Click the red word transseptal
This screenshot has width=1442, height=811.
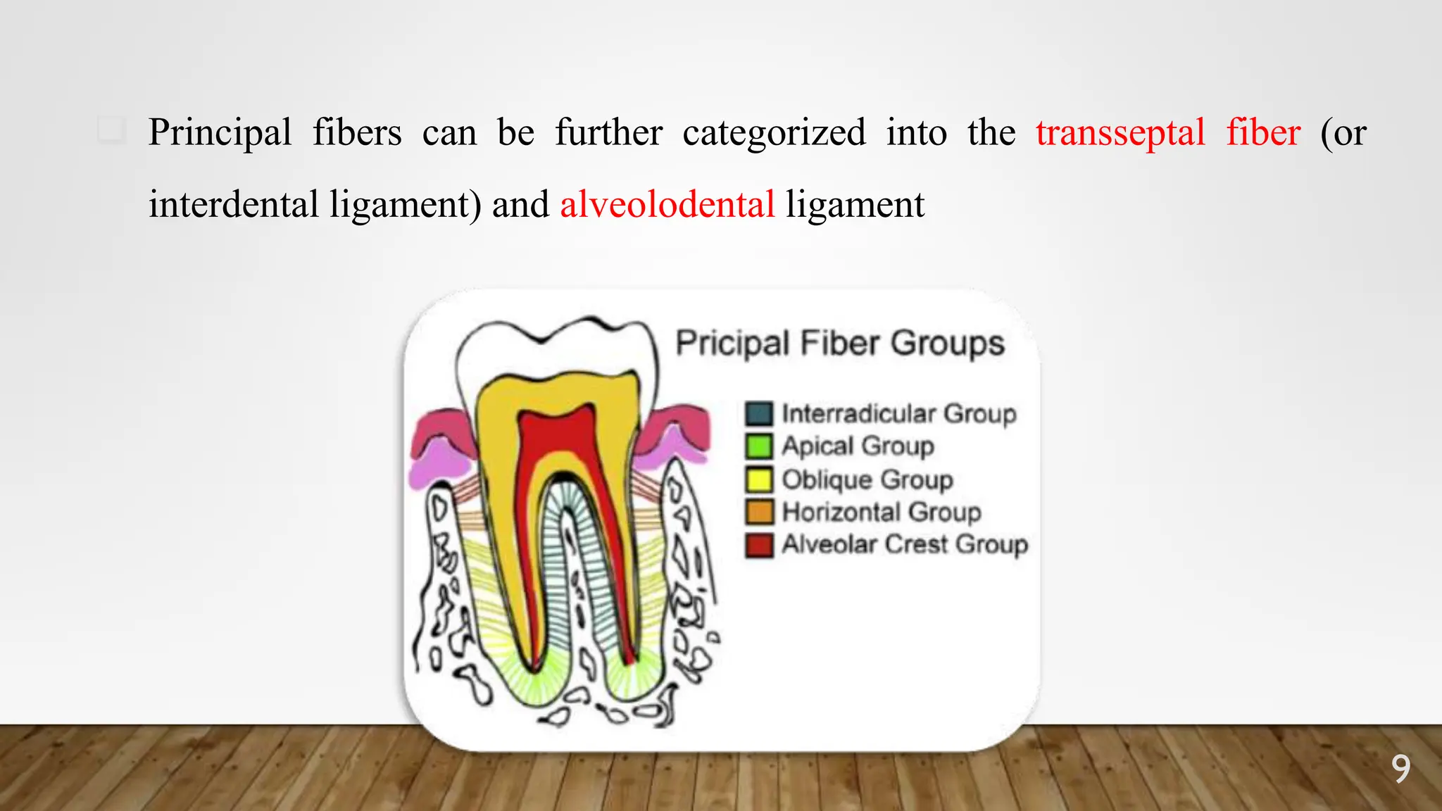point(1120,133)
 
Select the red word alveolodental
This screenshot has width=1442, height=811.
point(667,205)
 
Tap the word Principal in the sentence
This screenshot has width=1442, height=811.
point(220,133)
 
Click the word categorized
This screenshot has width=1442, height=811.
point(774,133)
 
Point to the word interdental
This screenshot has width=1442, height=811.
point(234,205)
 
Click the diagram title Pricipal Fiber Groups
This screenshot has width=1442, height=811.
point(840,344)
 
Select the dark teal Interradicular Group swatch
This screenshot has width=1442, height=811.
point(759,413)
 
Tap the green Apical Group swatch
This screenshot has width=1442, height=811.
point(759,446)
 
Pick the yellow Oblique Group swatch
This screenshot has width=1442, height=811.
point(759,479)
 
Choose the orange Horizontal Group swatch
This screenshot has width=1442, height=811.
point(759,512)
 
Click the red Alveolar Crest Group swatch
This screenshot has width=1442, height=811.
point(759,545)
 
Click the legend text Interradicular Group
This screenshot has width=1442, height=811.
point(899,413)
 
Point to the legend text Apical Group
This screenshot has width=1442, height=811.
point(858,446)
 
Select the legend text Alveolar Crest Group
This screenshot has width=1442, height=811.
point(905,544)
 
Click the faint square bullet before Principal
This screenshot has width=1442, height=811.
point(111,130)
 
